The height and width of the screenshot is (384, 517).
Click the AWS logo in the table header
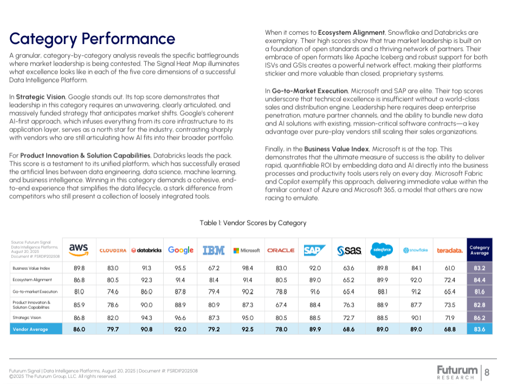tap(79, 250)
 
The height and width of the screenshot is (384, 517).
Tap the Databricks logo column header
tap(146, 250)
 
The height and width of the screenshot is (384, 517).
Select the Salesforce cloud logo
tap(382, 250)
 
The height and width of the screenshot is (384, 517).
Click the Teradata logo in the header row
tap(450, 250)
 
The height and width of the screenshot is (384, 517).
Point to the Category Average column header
tap(480, 250)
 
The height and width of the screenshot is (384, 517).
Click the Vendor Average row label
tap(30, 329)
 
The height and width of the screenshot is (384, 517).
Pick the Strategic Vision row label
tap(27, 318)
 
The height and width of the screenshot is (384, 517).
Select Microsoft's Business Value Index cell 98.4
tap(247, 268)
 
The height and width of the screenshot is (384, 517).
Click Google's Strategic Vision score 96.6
tap(180, 318)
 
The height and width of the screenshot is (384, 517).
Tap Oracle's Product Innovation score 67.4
tap(281, 305)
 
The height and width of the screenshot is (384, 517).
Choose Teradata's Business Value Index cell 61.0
tap(450, 268)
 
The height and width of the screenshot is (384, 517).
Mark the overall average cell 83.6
tap(480, 329)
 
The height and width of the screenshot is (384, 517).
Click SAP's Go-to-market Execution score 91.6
tap(315, 292)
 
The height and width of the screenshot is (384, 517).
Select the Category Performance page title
tap(92, 39)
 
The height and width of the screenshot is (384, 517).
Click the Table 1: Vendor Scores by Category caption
tap(253, 223)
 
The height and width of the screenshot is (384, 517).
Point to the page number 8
tap(487, 373)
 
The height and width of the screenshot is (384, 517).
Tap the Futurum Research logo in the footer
tap(457, 373)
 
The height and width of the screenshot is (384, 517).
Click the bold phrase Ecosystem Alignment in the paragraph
tap(351, 33)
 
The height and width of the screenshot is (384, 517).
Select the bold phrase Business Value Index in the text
tap(337, 149)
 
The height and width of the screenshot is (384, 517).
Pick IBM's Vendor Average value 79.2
tap(214, 329)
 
